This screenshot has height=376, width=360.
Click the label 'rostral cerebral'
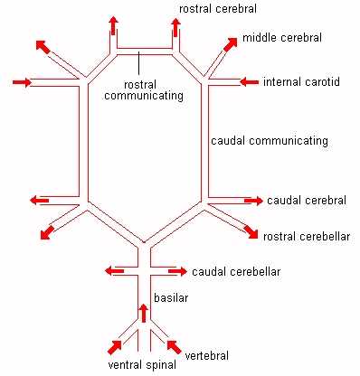(x=216, y=9)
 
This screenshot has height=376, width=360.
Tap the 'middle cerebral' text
(x=281, y=40)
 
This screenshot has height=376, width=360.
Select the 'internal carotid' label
(x=302, y=82)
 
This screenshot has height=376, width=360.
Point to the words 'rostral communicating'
(x=151, y=89)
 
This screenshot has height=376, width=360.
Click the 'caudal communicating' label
(x=269, y=142)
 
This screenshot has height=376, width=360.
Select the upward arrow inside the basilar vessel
(x=142, y=314)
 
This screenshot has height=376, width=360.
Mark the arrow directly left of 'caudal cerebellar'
(x=178, y=270)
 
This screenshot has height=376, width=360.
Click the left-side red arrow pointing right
(x=23, y=83)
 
